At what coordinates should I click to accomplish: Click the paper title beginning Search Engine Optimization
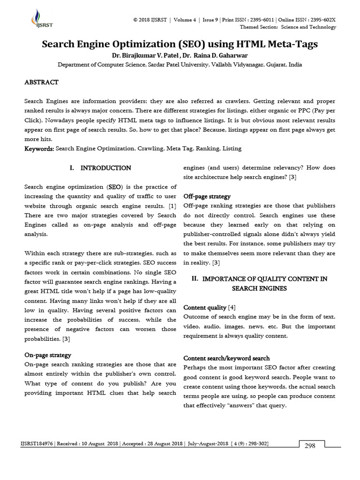click(180, 45)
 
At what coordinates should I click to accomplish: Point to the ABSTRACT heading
click(41, 82)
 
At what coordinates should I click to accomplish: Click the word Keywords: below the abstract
click(39, 149)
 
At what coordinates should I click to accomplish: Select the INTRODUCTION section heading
click(105, 168)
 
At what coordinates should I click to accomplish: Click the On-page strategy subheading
click(47, 355)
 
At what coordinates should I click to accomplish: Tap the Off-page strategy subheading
click(207, 196)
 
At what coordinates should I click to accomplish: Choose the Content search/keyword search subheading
click(226, 358)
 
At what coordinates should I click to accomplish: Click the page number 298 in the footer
click(310, 446)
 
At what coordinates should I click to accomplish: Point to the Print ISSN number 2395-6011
click(261, 20)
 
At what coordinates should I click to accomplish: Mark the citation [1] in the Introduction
click(172, 205)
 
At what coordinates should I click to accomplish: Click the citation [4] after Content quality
click(232, 307)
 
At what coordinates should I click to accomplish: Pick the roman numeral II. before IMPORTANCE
click(195, 279)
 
